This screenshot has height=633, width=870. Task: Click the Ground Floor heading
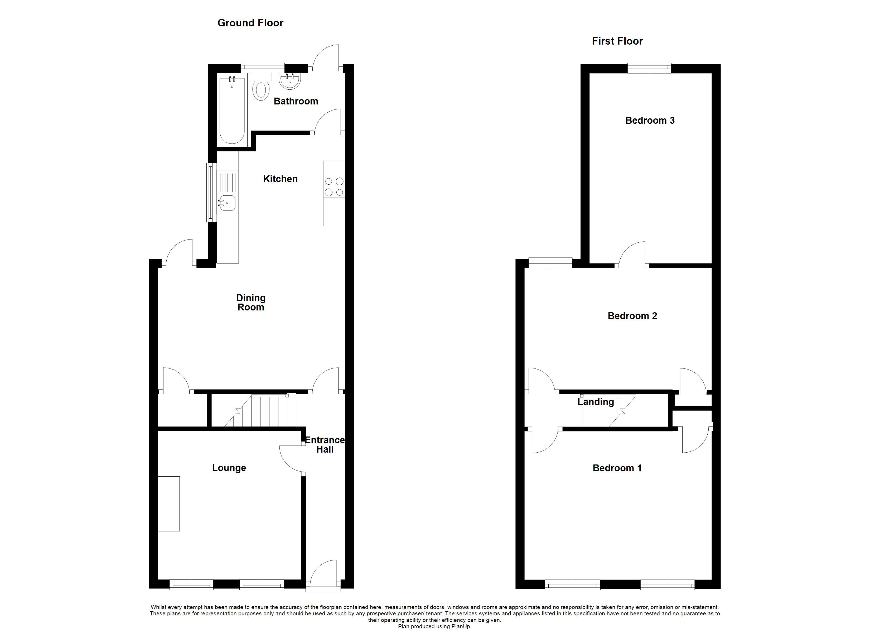(250, 23)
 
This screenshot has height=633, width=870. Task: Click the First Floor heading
(617, 41)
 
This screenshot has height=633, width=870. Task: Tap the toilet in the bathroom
(261, 90)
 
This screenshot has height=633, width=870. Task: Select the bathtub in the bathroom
(232, 111)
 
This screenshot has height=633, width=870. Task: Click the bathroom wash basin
(290, 81)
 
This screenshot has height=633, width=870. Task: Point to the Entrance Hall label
(325, 444)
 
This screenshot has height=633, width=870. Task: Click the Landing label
(595, 402)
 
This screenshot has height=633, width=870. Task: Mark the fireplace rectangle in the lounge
(169, 504)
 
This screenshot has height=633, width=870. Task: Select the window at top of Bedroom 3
(649, 68)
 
